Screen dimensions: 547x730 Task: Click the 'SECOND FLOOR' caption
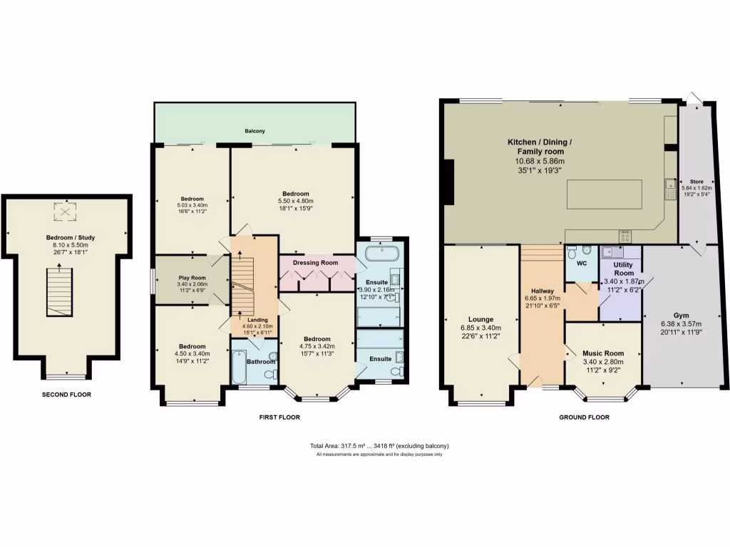(66, 395)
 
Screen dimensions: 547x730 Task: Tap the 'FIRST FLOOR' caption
(279, 417)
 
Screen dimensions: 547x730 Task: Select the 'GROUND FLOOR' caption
(584, 417)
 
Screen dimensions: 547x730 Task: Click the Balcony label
(255, 131)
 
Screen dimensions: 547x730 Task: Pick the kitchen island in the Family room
(603, 194)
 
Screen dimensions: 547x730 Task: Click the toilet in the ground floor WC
(585, 251)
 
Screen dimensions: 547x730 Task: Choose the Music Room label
(602, 353)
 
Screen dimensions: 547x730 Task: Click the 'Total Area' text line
(379, 446)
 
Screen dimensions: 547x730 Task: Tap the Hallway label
(543, 291)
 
